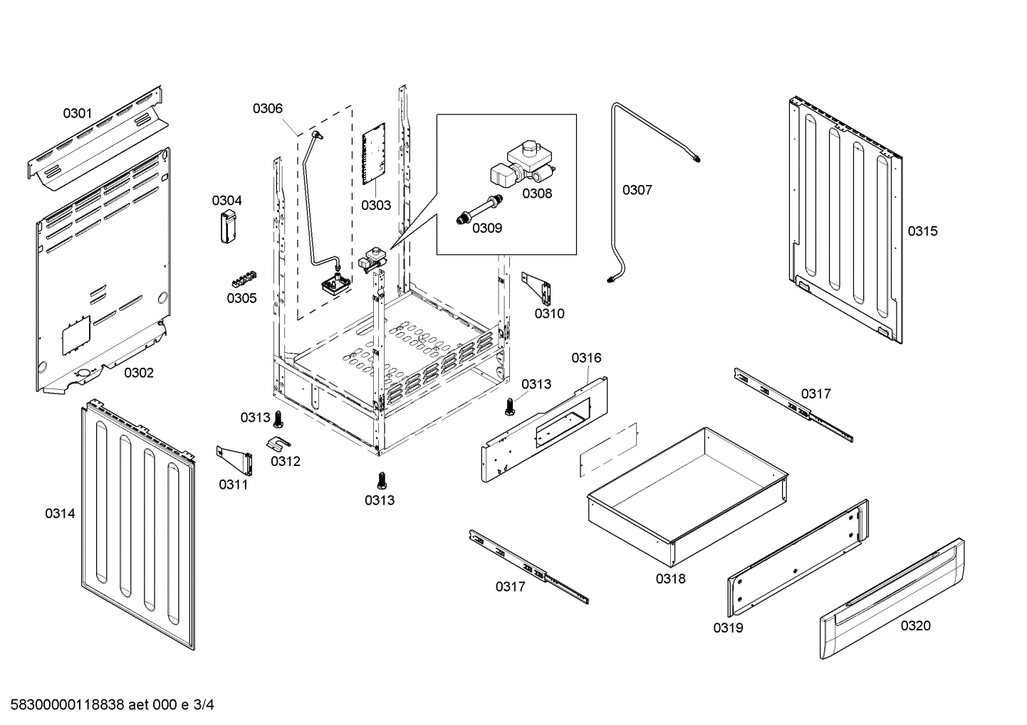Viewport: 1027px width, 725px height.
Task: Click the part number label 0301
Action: click(x=78, y=113)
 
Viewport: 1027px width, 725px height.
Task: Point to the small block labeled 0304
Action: click(x=227, y=227)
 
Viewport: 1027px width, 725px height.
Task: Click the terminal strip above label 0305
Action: click(x=242, y=278)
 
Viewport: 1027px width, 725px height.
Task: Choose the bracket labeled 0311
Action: click(x=236, y=460)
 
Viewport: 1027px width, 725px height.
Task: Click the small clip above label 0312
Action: click(x=278, y=443)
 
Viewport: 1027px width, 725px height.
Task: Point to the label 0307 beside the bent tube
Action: click(x=637, y=190)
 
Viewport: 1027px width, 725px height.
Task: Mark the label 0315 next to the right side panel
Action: click(x=922, y=231)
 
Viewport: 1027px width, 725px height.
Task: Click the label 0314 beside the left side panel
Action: click(x=60, y=513)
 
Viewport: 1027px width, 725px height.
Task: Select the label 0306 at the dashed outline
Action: click(x=267, y=108)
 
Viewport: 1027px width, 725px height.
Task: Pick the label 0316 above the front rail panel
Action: click(x=586, y=358)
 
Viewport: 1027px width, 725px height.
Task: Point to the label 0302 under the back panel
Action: click(x=139, y=373)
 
